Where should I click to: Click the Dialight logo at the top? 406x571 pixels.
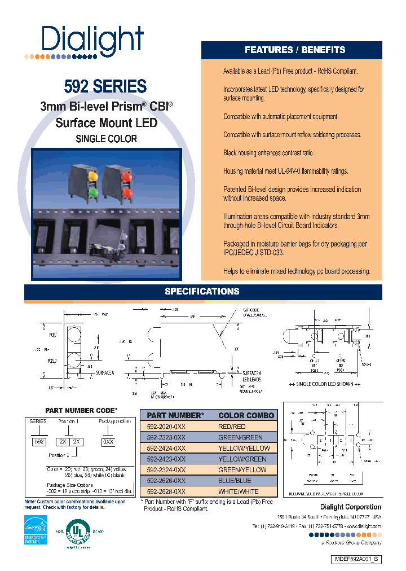click(92, 39)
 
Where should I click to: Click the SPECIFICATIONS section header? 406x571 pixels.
click(202, 292)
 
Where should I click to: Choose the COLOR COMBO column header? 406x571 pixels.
click(246, 416)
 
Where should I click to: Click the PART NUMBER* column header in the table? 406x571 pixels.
click(174, 416)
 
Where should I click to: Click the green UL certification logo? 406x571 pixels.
click(78, 532)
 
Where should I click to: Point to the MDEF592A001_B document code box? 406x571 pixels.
click(355, 559)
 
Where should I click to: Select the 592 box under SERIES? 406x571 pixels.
click(39, 442)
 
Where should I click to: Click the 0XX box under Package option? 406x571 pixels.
click(108, 442)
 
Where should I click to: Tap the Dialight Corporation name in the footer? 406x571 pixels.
click(350, 507)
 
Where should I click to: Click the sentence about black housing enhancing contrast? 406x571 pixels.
click(268, 153)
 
